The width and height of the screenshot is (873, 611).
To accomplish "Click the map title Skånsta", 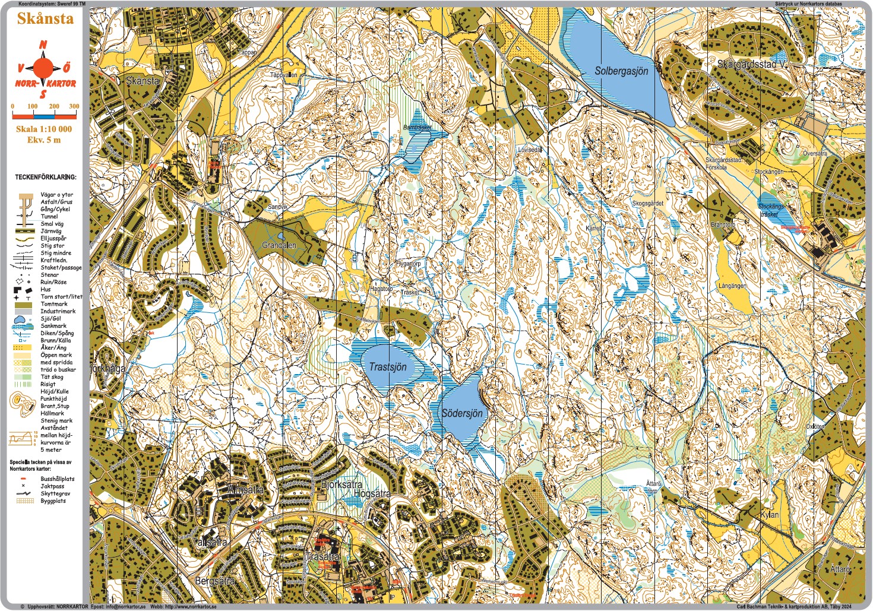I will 45,18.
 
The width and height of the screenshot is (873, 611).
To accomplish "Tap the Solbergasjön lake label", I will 621,71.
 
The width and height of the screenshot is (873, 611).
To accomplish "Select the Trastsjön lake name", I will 388,367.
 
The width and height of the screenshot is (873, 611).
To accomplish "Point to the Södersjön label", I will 462,413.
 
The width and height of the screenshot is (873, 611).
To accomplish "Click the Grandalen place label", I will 279,245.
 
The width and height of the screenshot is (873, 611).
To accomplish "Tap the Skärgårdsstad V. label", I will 752,64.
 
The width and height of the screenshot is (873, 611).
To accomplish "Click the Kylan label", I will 770,514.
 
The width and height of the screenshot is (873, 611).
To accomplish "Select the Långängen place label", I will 732,286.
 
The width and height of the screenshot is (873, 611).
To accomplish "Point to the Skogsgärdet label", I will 647,203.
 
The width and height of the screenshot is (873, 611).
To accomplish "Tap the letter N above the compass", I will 43,45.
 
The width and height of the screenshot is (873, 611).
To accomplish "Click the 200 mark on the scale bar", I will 54,106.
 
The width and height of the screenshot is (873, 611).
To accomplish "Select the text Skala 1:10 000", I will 43,129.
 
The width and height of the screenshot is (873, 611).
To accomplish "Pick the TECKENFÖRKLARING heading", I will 46,177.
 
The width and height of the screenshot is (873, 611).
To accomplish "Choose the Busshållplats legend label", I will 58,479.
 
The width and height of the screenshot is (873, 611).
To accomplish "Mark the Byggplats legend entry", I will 53,501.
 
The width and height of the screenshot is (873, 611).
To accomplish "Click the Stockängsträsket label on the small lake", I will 771,210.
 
